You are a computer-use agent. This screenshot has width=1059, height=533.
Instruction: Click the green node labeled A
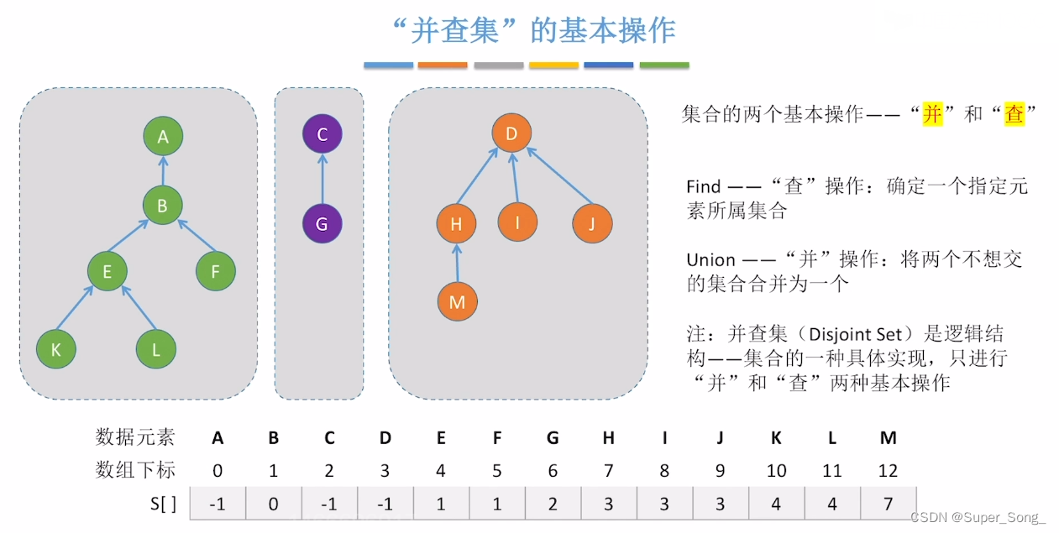pos(163,137)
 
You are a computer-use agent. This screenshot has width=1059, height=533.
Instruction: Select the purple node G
pos(322,224)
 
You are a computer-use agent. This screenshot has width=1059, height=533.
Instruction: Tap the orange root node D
pos(511,133)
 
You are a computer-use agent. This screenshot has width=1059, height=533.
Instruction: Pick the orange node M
pos(457,302)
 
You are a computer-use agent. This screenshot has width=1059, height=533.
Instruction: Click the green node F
pos(216,271)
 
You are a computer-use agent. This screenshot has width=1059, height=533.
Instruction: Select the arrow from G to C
pos(322,179)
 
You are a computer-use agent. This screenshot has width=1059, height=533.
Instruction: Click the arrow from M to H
pos(457,263)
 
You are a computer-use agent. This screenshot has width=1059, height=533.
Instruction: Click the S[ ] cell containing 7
pos(888,504)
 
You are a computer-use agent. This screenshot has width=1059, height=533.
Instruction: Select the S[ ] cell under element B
pos(273,504)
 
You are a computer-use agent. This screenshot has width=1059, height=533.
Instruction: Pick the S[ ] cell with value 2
pos(553,504)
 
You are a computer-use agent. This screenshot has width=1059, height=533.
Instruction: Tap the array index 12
pos(888,470)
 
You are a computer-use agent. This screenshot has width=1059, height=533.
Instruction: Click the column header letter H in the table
pos(608,437)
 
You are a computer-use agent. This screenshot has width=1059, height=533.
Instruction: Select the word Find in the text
pos(704,186)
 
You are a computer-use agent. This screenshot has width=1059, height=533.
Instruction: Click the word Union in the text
pos(710,259)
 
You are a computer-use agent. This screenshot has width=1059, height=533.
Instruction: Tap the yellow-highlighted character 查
pos(1014,114)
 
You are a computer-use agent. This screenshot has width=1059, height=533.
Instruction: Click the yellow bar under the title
pos(553,65)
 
